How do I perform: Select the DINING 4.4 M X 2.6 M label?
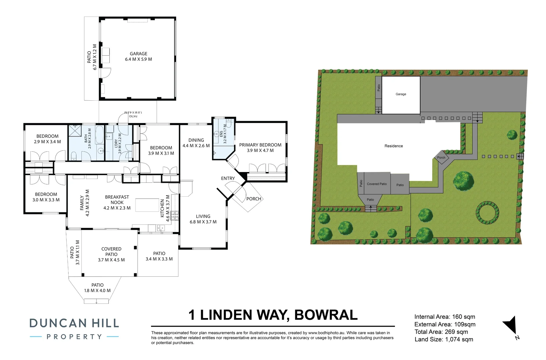pos(196,143)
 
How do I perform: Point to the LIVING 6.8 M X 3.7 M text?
pos(203,219)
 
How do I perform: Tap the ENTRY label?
pos(228,178)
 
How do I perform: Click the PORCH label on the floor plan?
pos(253,199)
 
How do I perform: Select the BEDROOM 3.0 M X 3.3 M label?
pos(46,197)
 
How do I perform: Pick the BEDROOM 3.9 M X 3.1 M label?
pos(161,150)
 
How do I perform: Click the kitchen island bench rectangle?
pos(147,205)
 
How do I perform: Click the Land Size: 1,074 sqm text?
pos(444,339)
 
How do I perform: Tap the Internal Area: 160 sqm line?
pos(445,317)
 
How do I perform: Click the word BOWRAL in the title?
pos(326,315)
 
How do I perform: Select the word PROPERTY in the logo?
pos(74,337)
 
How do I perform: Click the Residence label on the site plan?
pos(394,146)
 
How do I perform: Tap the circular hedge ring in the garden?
pos(487,213)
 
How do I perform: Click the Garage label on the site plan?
pos(401,94)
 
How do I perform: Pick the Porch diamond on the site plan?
pos(441,157)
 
